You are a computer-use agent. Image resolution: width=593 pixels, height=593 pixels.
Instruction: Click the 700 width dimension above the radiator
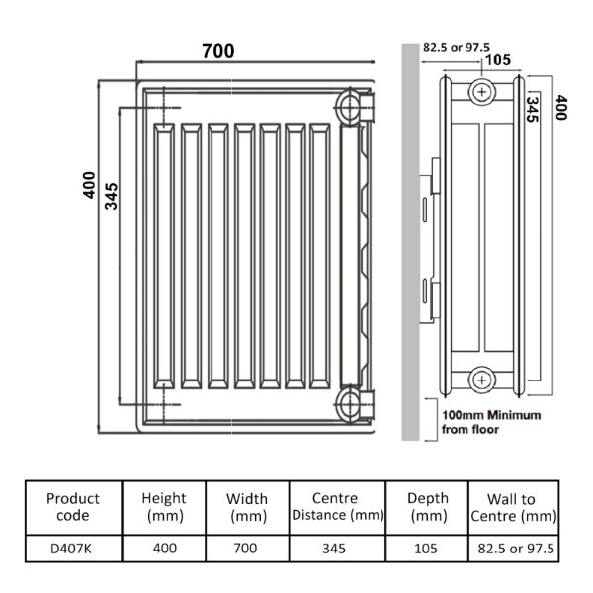(218, 51)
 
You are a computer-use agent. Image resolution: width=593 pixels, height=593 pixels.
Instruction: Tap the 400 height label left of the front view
(89, 185)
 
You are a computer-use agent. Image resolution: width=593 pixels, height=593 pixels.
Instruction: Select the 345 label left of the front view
(111, 196)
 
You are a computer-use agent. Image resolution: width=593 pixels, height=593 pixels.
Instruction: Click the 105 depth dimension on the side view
(498, 60)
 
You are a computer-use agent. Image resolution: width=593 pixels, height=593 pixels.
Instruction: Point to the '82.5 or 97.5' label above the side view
(457, 48)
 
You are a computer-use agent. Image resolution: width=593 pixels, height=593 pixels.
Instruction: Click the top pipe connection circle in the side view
(482, 92)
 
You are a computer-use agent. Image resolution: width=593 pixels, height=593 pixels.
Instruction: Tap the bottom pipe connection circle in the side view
(482, 380)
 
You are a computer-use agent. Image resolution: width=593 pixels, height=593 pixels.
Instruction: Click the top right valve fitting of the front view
(355, 107)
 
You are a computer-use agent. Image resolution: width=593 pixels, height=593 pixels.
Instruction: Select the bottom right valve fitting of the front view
(355, 404)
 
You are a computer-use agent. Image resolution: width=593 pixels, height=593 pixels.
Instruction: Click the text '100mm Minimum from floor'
(491, 422)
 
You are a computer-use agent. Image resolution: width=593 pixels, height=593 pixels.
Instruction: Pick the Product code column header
(73, 507)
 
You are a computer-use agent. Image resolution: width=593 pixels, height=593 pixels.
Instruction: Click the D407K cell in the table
(71, 549)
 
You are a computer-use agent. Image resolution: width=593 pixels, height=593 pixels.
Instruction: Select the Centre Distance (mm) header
(338, 507)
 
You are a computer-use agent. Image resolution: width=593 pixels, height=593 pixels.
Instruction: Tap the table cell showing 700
(245, 549)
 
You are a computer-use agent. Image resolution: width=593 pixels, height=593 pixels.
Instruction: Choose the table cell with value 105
(426, 549)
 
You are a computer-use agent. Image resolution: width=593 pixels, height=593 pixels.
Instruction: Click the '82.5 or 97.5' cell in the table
(516, 549)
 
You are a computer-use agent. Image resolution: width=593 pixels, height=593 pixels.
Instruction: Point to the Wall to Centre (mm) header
(514, 508)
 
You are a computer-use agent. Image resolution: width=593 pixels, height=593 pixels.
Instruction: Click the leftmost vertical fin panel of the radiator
(164, 256)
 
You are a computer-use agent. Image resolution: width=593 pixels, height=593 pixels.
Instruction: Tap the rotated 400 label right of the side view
(561, 108)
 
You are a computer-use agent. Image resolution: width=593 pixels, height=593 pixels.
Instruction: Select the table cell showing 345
(334, 549)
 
